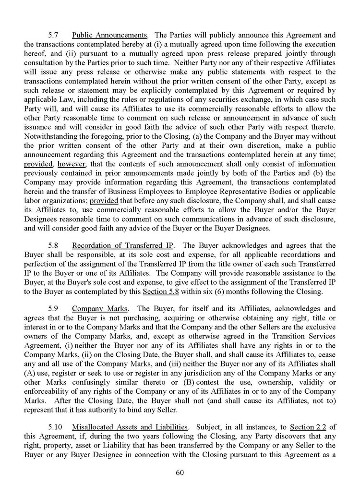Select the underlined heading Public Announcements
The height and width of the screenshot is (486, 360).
click(x=109, y=36)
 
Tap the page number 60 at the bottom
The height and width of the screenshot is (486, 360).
click(x=180, y=473)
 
